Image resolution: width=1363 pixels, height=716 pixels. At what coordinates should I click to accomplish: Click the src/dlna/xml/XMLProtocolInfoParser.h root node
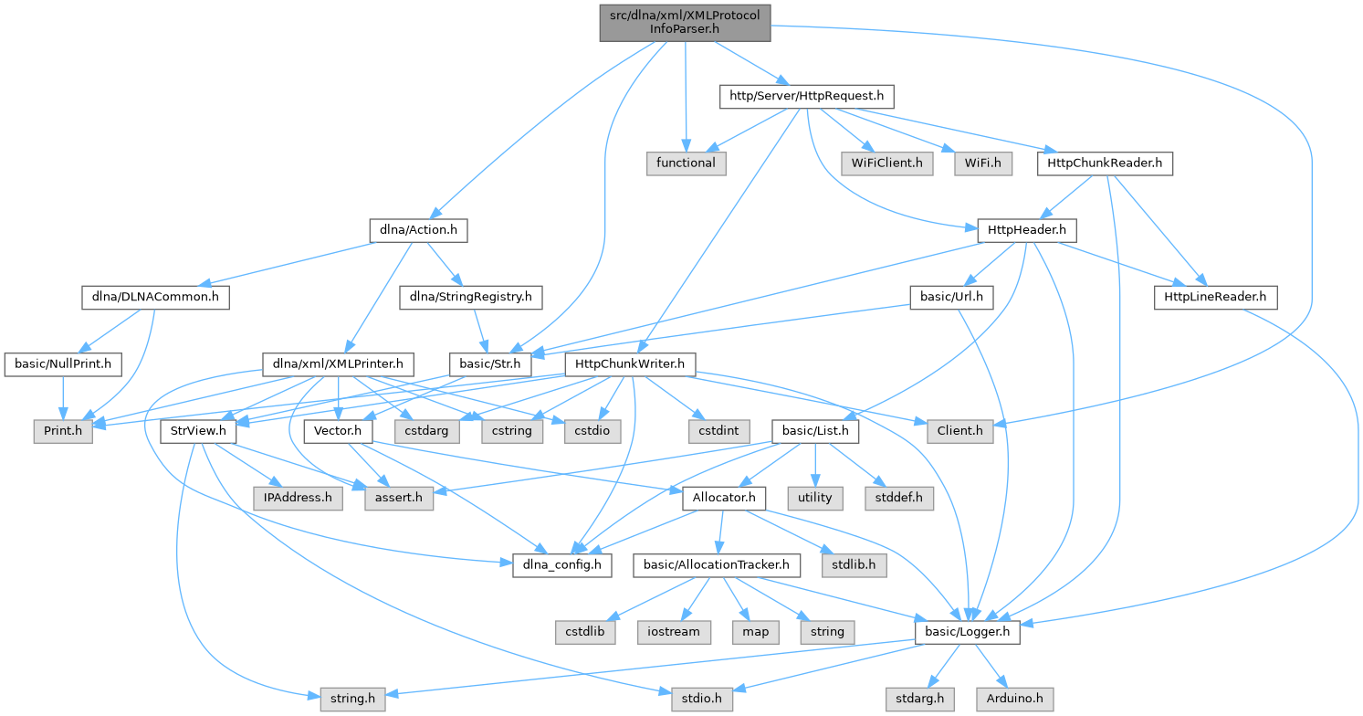click(x=685, y=22)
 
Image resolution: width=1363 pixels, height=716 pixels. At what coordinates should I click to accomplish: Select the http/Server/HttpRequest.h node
click(x=806, y=95)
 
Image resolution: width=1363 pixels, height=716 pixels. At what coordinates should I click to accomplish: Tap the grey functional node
click(x=686, y=163)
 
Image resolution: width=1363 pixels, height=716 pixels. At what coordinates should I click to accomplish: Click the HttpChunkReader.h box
click(x=1105, y=163)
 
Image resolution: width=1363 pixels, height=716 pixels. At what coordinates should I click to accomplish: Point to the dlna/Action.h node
click(x=418, y=230)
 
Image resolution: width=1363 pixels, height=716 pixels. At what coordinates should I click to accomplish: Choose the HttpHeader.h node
click(x=1026, y=230)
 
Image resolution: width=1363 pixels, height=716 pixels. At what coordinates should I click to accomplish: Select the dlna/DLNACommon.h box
click(x=154, y=297)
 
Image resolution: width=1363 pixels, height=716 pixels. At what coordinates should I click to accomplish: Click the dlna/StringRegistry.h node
click(x=471, y=297)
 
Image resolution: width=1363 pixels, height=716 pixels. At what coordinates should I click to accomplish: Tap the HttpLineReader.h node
click(x=1215, y=297)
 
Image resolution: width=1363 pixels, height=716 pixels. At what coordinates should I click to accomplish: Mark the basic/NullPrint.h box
click(x=63, y=364)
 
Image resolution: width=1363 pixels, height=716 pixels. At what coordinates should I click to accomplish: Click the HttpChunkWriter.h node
click(x=631, y=364)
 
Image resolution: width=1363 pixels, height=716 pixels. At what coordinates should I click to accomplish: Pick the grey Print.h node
click(x=63, y=431)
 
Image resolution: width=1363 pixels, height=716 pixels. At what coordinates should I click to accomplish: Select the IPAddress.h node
click(x=299, y=498)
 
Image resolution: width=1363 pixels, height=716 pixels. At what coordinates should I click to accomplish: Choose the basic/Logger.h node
click(x=967, y=632)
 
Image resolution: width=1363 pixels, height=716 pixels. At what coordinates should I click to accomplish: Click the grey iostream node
click(x=674, y=632)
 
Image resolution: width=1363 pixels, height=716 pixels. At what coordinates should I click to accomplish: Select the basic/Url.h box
click(x=952, y=297)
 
